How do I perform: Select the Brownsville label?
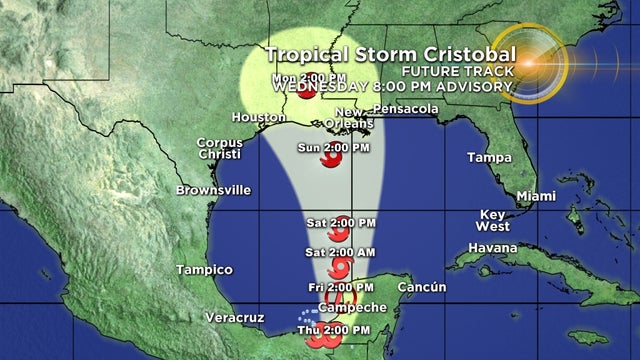point(213,190)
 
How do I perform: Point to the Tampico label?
point(203,270)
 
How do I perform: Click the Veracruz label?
point(236,317)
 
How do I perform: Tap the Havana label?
point(493,247)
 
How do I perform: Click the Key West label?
point(493,220)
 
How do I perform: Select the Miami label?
point(535,194)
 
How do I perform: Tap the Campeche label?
point(345,307)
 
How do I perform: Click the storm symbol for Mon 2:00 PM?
point(309,93)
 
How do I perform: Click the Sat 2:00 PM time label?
point(341,222)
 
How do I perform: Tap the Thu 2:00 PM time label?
point(335,329)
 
